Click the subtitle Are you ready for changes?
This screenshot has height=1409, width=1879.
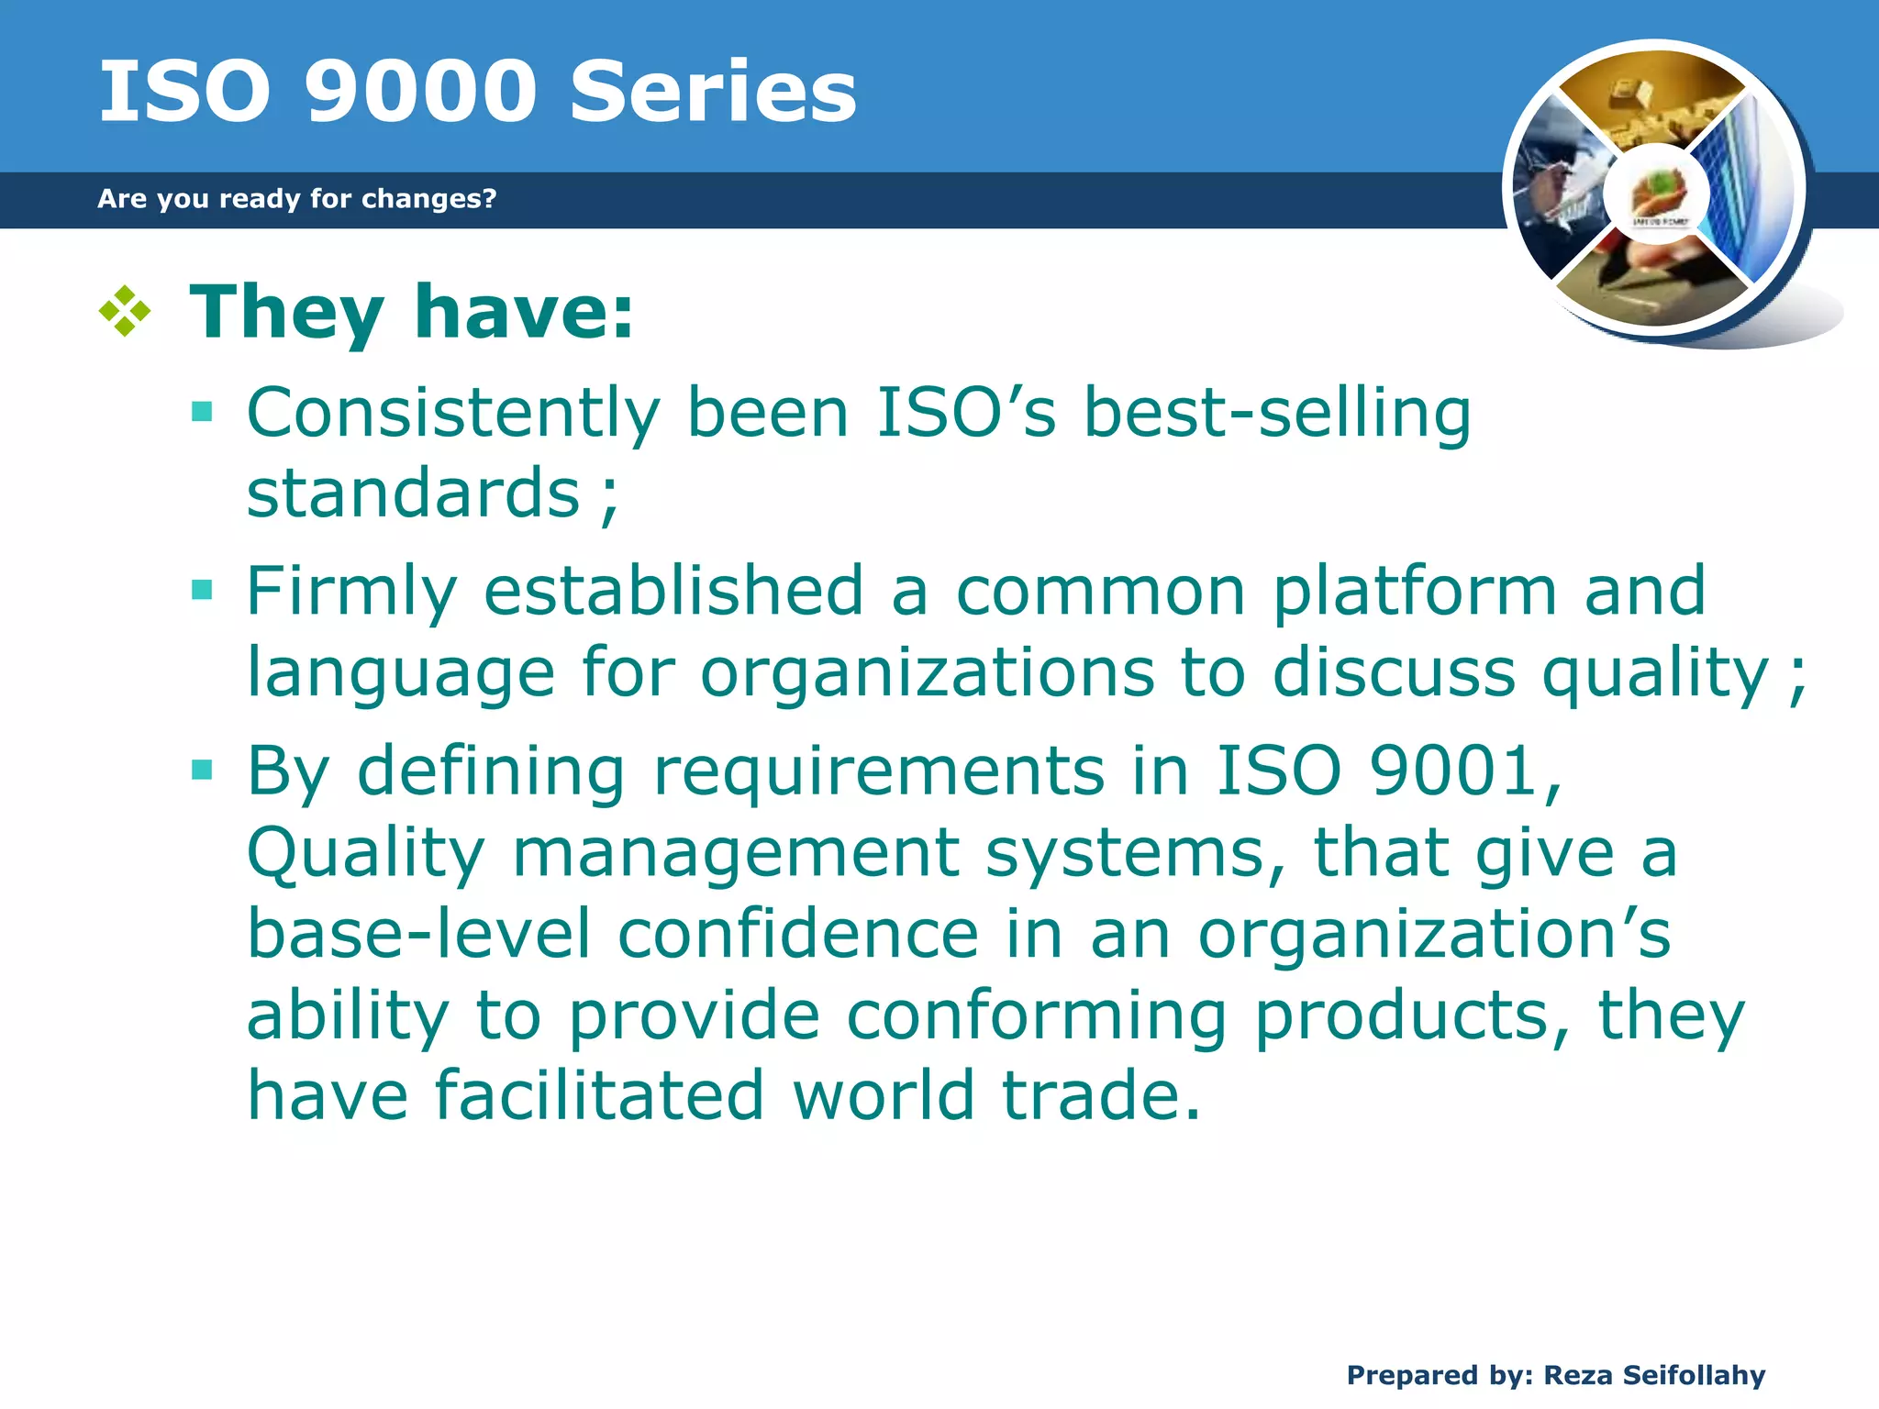pyautogui.click(x=296, y=198)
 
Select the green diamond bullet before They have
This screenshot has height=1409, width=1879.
pyautogui.click(x=124, y=312)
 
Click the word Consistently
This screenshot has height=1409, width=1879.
pyautogui.click(x=453, y=414)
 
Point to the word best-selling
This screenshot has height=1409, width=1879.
pyautogui.click(x=1276, y=414)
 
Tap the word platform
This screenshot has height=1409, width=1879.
pyautogui.click(x=1415, y=591)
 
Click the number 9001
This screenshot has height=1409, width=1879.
pyautogui.click(x=1453, y=771)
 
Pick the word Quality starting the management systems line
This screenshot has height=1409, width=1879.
pyautogui.click(x=365, y=853)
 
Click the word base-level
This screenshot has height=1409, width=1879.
pyautogui.click(x=419, y=934)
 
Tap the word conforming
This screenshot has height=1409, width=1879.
pyautogui.click(x=1036, y=1016)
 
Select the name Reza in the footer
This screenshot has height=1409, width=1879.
pyautogui.click(x=1578, y=1375)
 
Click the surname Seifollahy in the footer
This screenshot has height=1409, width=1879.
pyautogui.click(x=1694, y=1375)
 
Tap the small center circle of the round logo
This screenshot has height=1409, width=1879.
pyautogui.click(x=1657, y=194)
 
